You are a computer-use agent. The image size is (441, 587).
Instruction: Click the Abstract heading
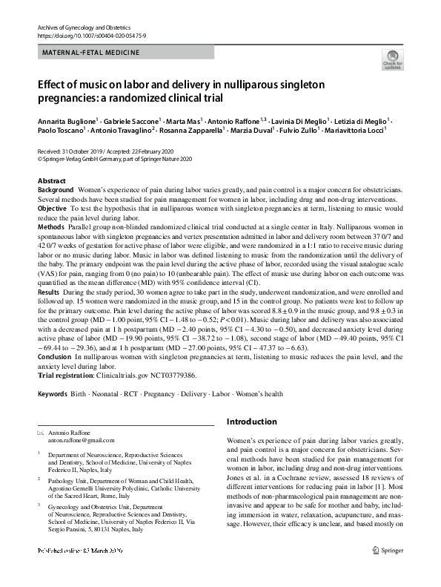[52, 181]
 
